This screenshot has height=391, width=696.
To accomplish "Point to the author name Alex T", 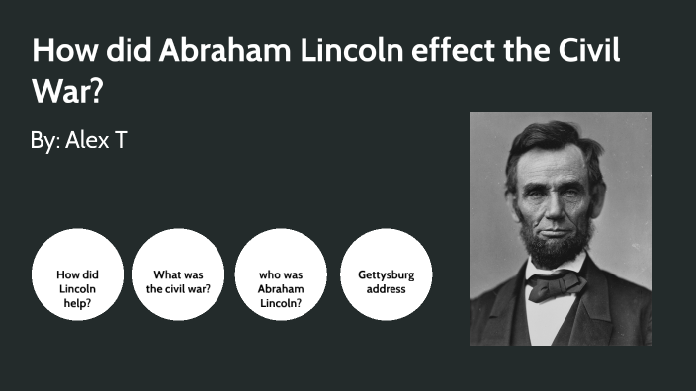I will (96, 140).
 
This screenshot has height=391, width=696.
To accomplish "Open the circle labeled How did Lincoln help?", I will (77, 287).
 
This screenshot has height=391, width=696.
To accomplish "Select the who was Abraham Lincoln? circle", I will (280, 287).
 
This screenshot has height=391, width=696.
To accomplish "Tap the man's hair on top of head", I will (554, 138).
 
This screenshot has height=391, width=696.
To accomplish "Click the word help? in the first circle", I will (77, 302).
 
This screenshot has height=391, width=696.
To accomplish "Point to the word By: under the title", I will (45, 140).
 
